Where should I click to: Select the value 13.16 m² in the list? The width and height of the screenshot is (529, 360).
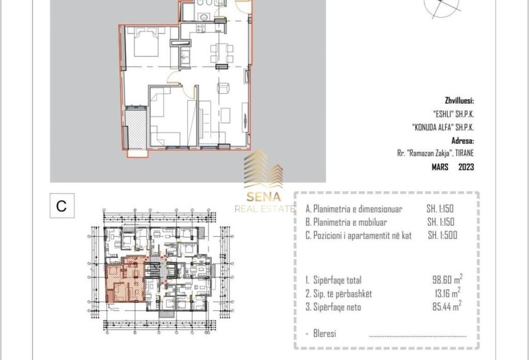tap(446, 293)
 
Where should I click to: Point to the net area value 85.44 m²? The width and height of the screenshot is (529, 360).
tap(446, 307)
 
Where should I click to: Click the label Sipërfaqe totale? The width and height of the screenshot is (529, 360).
tap(334, 280)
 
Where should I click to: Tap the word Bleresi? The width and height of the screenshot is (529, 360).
tap(324, 333)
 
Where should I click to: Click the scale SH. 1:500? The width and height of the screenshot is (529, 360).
tap(442, 235)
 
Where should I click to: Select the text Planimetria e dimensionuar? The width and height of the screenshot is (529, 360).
tap(354, 209)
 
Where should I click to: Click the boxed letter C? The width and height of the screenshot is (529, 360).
tap(61, 206)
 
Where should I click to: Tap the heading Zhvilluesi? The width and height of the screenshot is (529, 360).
tap(459, 101)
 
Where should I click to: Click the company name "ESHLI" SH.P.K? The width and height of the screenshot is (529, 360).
tap(453, 114)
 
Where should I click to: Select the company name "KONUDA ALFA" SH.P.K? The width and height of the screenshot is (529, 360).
tap(443, 127)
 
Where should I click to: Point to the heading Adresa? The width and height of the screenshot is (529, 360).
tap(462, 140)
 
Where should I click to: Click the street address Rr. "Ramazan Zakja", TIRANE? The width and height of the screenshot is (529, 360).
tap(432, 153)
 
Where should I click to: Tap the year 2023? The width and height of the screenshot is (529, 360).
tap(466, 167)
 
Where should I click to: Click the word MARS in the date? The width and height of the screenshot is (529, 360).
tap(441, 167)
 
